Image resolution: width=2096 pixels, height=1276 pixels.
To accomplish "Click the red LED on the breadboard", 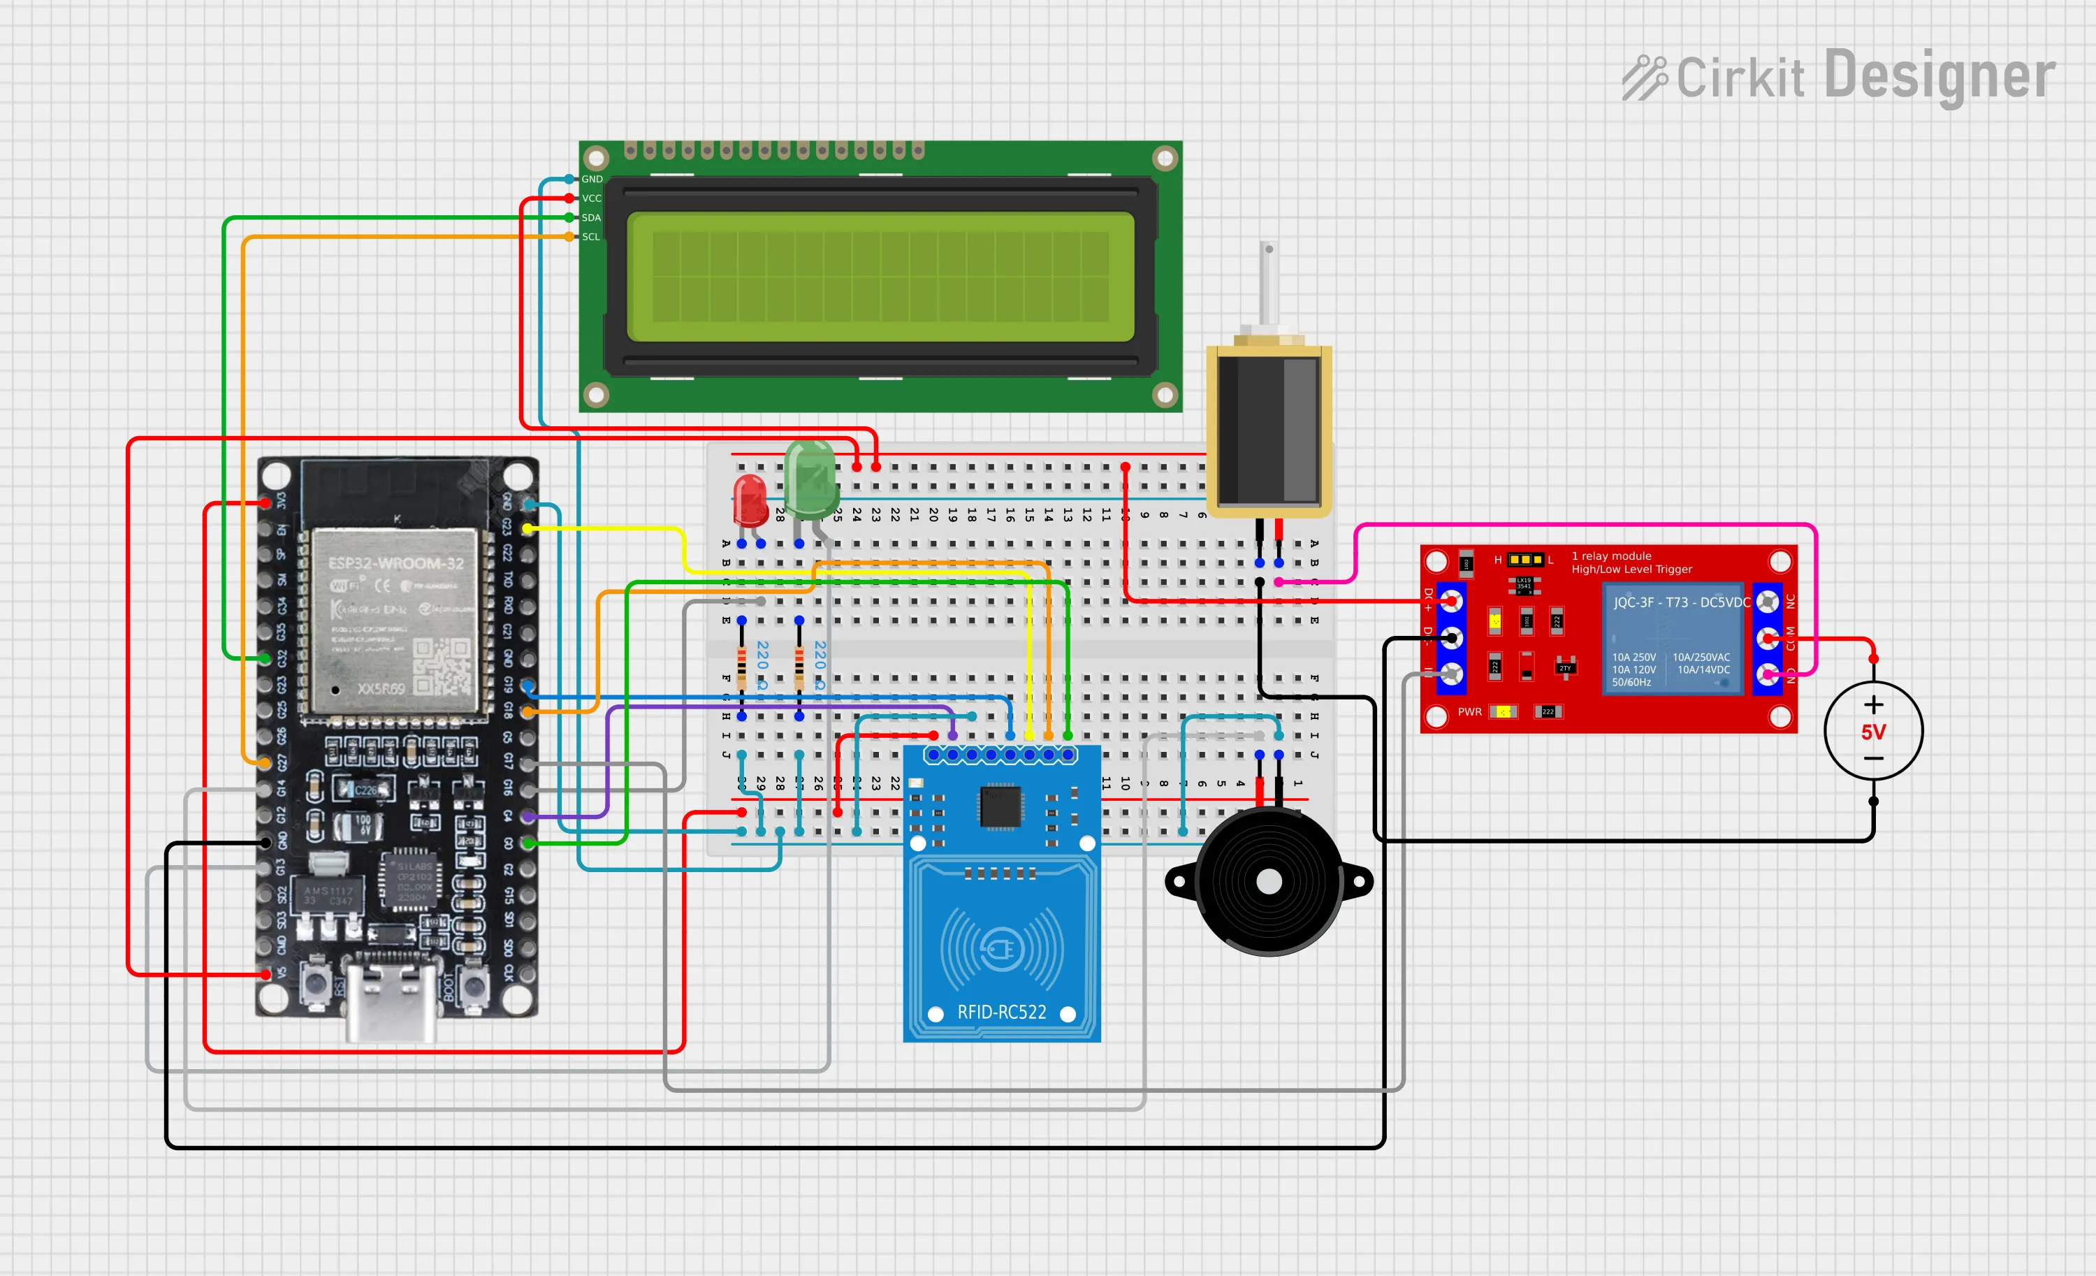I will pos(750,500).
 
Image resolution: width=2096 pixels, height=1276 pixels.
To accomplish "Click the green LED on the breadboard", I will pos(810,481).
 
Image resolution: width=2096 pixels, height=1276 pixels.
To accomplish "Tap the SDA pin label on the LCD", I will pos(591,218).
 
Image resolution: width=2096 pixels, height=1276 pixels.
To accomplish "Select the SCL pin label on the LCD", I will pos(591,236).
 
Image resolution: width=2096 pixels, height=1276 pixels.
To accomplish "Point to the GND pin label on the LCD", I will pos(592,180).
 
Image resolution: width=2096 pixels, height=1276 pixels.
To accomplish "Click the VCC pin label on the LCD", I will pos(592,198).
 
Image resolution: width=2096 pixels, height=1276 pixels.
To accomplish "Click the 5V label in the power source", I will pos(1873,732).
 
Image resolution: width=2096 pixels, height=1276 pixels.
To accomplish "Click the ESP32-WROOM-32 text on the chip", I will pos(396,563).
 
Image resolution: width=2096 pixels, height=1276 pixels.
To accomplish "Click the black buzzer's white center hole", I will pos(1268,881).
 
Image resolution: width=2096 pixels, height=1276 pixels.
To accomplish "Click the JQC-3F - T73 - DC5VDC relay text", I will pos(1682,602).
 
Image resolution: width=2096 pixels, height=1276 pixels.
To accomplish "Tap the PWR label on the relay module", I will pos(1469,712).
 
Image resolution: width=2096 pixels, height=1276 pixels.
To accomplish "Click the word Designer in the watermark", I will pos(1939,77).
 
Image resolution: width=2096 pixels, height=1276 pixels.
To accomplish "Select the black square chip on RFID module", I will pos(1000,806).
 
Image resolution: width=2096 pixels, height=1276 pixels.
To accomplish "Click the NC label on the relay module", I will pos(1790,602).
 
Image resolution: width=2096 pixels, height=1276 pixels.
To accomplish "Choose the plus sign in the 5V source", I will pos(1873,704).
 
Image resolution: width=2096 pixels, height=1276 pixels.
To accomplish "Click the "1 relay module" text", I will pos(1611,556).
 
